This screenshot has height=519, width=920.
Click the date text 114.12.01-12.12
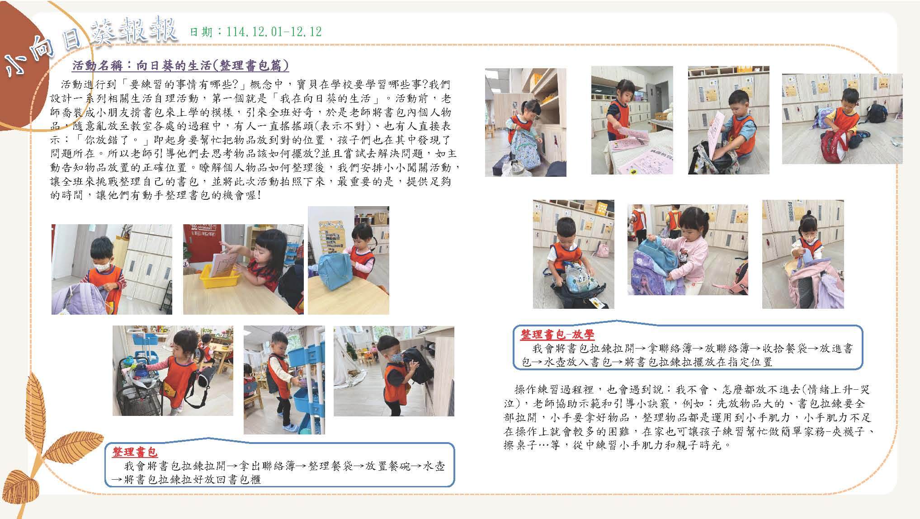point(274,32)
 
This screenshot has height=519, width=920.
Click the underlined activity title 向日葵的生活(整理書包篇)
point(212,65)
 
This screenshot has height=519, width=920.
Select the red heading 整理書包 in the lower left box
point(135,453)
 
